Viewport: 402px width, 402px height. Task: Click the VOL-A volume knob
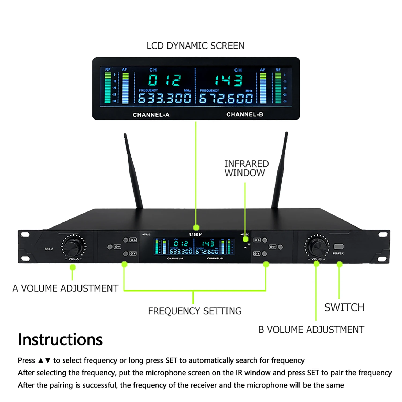coord(73,246)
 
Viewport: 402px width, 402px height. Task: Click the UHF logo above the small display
coord(196,234)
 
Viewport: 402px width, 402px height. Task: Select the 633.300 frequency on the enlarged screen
coord(165,98)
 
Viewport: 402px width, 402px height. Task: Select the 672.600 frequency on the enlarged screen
coord(226,99)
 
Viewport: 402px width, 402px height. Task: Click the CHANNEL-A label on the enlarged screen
coord(151,115)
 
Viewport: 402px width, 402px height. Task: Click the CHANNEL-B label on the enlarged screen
coord(245,114)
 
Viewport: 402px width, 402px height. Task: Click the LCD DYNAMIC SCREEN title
coord(195,46)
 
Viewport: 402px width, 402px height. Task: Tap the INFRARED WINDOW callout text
coord(246,168)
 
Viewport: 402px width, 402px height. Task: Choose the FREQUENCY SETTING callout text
coord(195,311)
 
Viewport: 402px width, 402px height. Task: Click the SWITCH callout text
coord(344,307)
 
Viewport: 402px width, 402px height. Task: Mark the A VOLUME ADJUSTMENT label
coord(65,288)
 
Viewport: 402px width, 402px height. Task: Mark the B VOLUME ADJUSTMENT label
coord(311,330)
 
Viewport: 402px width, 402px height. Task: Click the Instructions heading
coord(60,340)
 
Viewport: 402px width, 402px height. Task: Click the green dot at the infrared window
coord(245,239)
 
